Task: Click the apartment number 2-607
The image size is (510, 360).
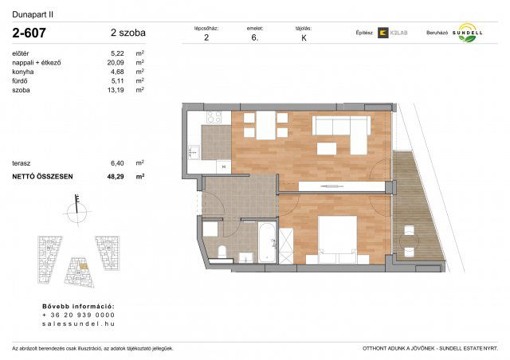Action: [x=30, y=33]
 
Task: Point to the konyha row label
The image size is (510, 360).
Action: [x=24, y=72]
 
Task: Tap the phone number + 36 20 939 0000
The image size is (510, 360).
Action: [x=78, y=315]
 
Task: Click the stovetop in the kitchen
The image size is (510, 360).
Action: [x=213, y=118]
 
